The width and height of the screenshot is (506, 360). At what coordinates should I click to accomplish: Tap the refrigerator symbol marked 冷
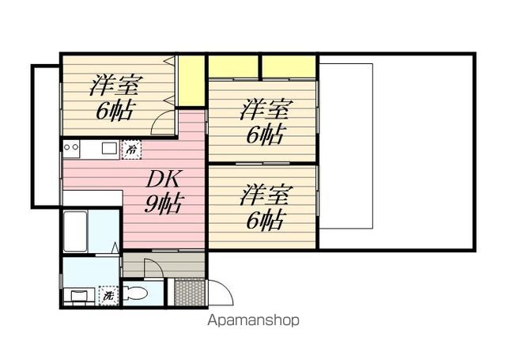[131, 150]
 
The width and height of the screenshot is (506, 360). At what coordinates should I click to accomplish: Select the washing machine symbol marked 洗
[108, 295]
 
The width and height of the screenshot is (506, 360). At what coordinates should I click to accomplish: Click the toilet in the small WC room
[135, 294]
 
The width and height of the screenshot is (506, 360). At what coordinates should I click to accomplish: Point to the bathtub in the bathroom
[75, 231]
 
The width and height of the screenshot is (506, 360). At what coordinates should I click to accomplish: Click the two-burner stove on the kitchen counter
[71, 148]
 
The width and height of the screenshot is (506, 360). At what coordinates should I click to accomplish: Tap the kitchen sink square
[110, 148]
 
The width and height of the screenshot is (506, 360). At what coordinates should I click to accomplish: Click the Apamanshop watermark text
[253, 320]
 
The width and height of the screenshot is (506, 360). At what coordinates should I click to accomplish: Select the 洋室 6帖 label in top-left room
[114, 98]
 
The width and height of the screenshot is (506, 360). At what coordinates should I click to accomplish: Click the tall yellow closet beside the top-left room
[191, 81]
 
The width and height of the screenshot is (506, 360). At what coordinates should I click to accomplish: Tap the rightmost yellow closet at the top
[289, 66]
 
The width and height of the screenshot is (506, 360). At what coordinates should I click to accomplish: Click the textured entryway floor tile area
[190, 292]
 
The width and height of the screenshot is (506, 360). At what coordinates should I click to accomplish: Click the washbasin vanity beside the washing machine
[79, 296]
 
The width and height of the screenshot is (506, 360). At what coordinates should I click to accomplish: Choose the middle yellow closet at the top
[233, 66]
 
